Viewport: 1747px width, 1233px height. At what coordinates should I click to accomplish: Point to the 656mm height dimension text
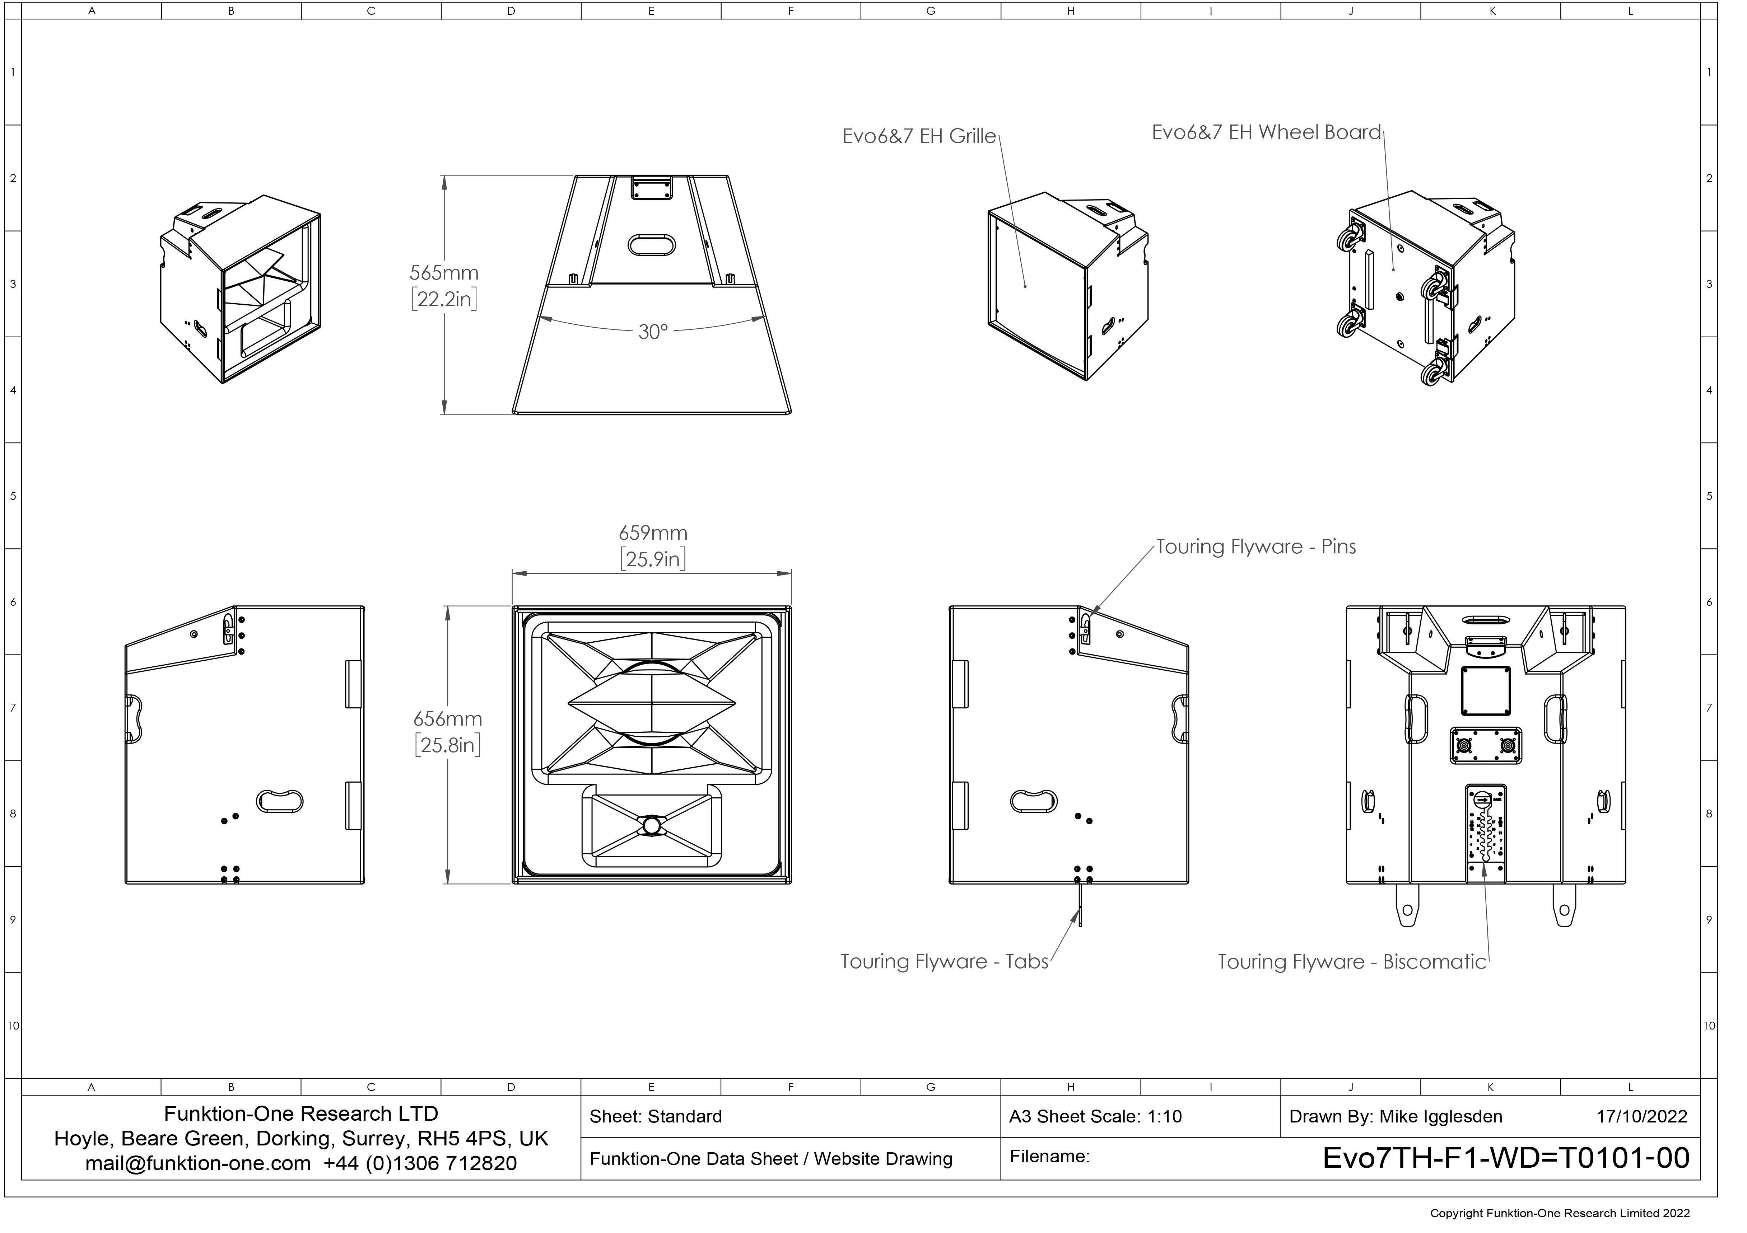[x=447, y=719]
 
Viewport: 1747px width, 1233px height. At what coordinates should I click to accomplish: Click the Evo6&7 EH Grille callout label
[x=919, y=136]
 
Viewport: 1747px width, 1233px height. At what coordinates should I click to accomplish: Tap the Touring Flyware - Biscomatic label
[x=1352, y=962]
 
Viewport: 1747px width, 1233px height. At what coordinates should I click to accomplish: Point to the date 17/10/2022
[x=1641, y=1117]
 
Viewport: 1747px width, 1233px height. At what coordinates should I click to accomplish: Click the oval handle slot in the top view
[x=651, y=245]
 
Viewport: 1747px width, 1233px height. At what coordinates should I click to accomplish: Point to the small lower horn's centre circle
[x=651, y=825]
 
